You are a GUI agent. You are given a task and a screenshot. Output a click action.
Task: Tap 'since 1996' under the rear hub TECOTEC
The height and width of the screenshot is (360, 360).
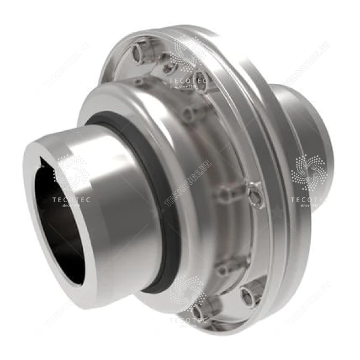coord(307,206)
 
